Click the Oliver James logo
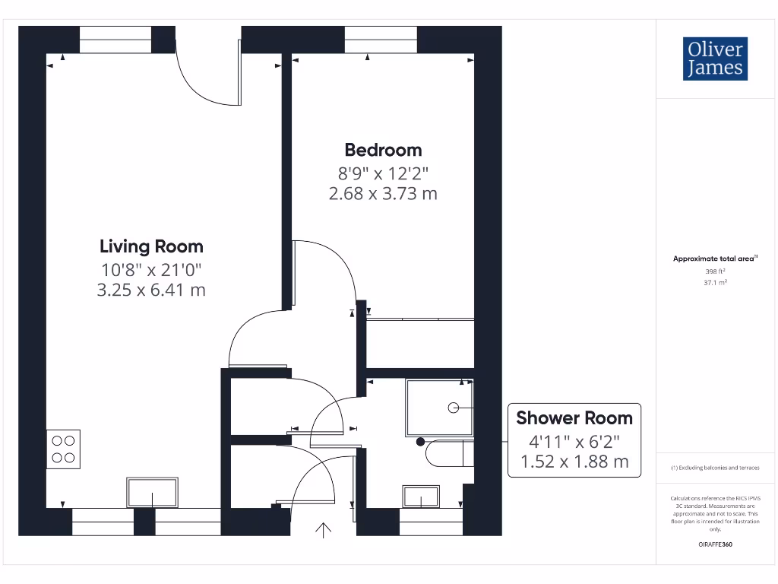[714, 59]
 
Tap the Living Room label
[151, 246]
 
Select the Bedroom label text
[383, 150]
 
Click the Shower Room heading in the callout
[574, 417]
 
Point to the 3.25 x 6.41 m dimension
[151, 290]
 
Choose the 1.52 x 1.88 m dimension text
[574, 462]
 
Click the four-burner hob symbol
[64, 449]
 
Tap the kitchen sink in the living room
[152, 492]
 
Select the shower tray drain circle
[454, 408]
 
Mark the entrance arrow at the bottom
[324, 530]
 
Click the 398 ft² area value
[715, 271]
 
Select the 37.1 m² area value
[715, 282]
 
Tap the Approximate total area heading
[714, 259]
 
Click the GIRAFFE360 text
[715, 544]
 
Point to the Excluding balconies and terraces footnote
[715, 468]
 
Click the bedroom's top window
[381, 40]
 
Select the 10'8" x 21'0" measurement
[151, 268]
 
